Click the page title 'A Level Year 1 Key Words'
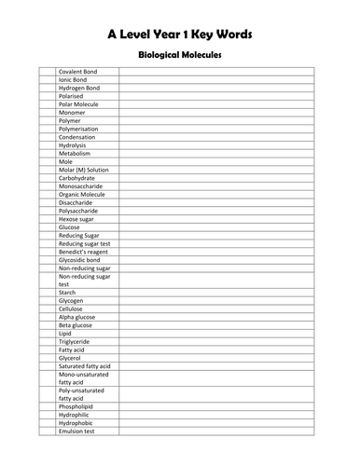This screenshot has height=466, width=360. (x=179, y=34)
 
